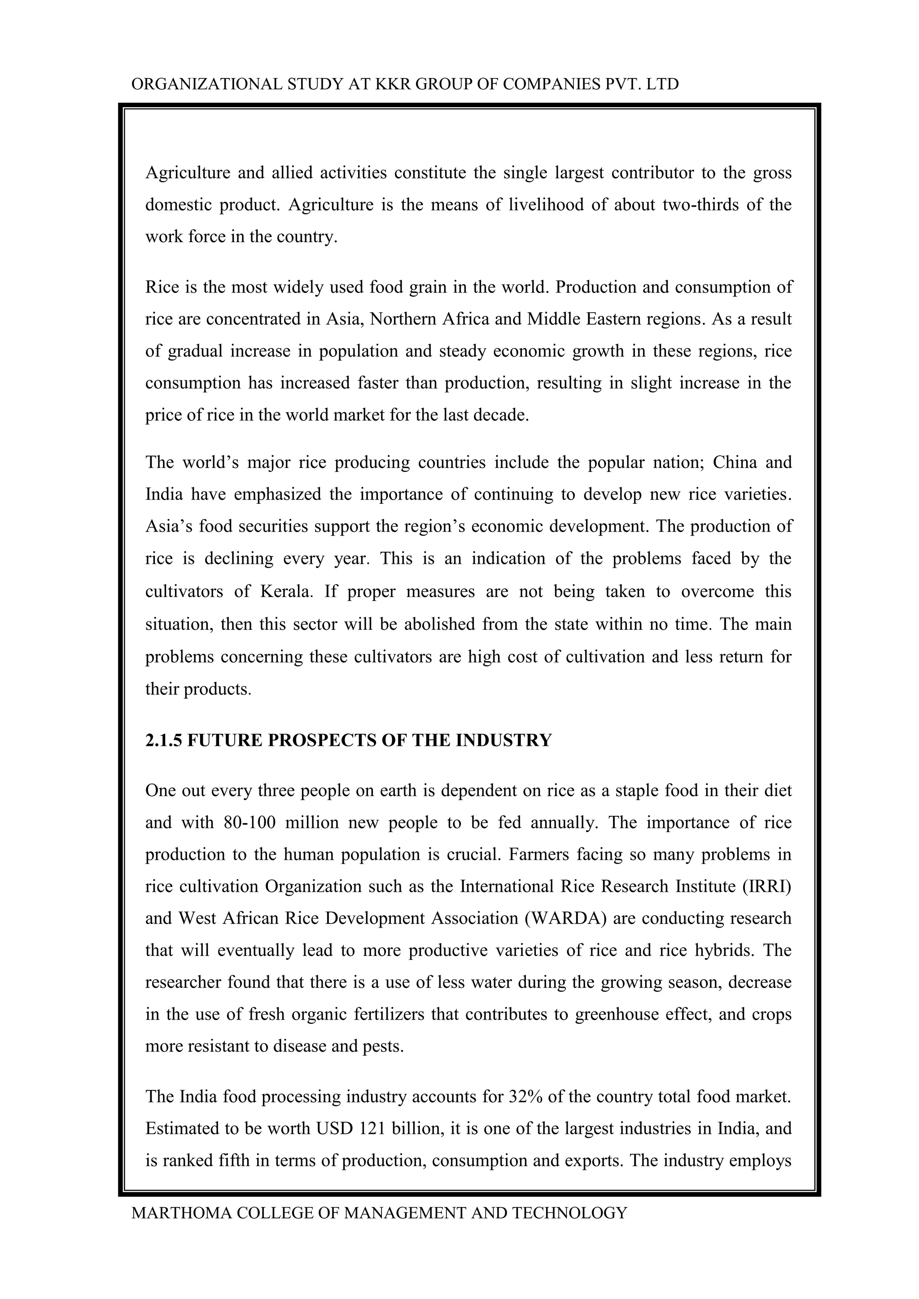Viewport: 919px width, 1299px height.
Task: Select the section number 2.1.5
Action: tap(163, 740)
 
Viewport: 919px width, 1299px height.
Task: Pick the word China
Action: tap(735, 462)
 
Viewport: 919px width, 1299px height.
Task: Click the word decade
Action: tap(500, 415)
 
